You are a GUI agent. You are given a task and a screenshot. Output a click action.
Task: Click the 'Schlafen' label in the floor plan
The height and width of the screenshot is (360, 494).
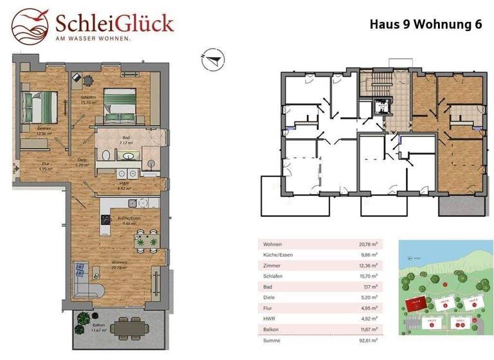point(88,96)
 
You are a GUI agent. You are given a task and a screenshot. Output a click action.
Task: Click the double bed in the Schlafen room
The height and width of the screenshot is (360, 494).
point(121,105)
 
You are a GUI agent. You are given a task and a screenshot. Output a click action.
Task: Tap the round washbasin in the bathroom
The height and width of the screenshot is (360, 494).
point(129,156)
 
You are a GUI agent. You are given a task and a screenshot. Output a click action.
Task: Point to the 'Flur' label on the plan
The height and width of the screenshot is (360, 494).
point(27,163)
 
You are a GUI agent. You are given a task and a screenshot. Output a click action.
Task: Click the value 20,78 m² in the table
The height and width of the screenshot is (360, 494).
point(369,244)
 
